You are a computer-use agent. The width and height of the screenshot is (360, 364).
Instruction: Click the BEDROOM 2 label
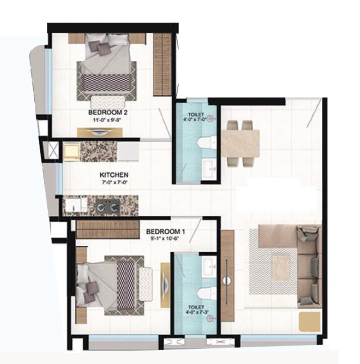point(104,112)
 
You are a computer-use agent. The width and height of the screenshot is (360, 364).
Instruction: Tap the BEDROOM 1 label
point(166,231)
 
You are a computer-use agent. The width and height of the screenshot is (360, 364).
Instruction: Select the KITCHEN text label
point(114,175)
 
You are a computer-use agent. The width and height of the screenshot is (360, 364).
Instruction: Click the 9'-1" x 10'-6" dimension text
point(166,239)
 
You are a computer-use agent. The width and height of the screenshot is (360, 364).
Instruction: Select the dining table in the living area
point(240,143)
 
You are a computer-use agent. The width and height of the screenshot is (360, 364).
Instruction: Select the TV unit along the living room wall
point(227,275)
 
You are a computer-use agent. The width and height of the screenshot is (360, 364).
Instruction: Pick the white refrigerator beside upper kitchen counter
point(128,151)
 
